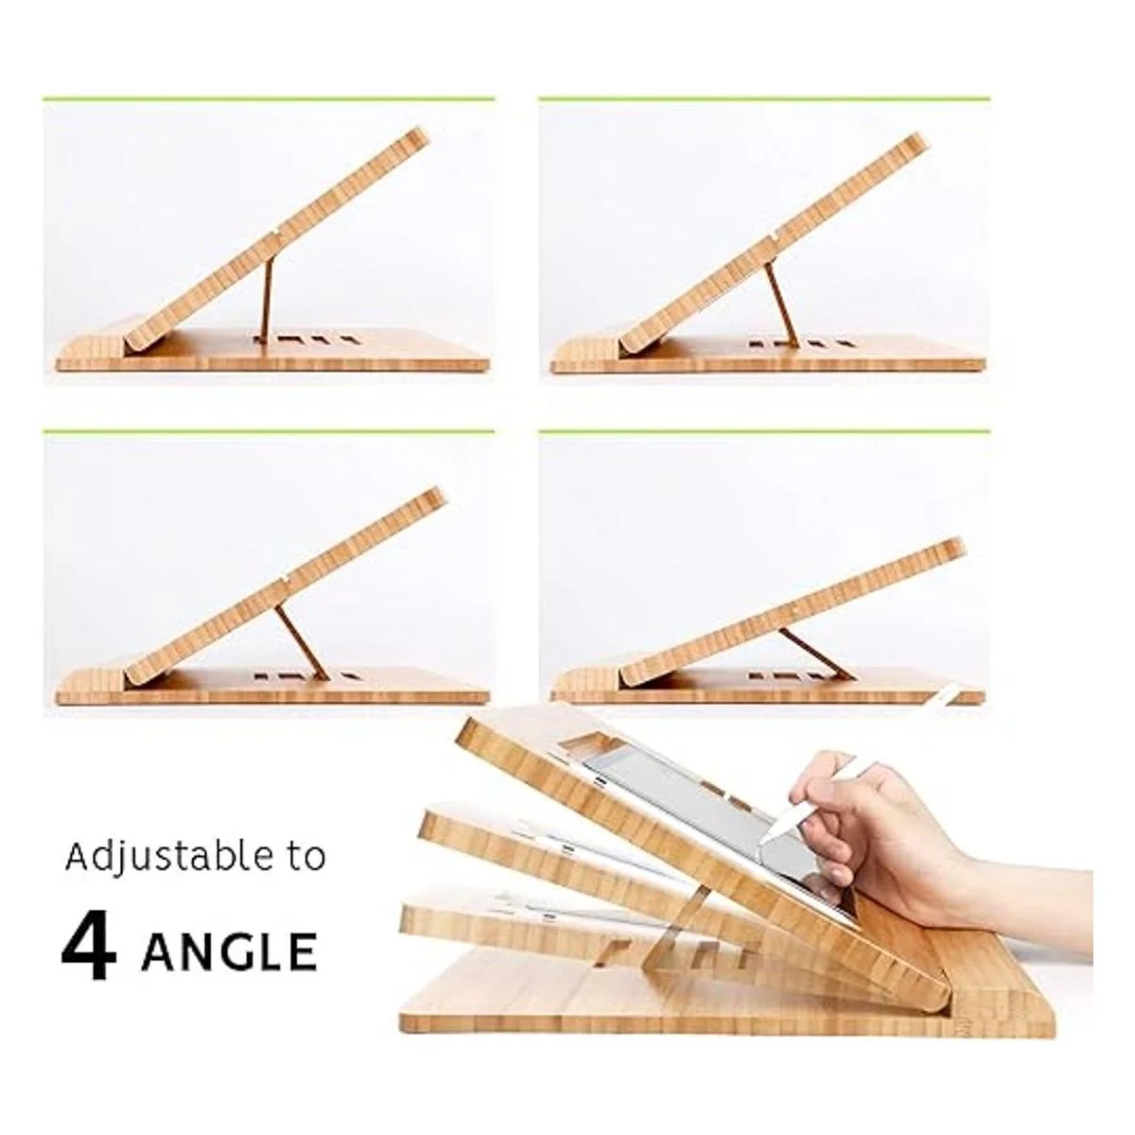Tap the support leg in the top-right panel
coord(781,305)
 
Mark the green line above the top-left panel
coord(269,99)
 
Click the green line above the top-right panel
coord(764,99)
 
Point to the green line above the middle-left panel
coord(269,431)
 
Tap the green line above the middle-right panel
coord(764,431)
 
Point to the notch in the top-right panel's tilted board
coord(772,238)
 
